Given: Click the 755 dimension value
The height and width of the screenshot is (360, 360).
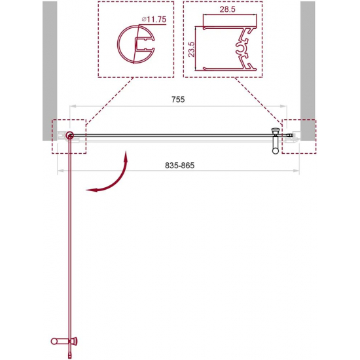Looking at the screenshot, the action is [x=178, y=99].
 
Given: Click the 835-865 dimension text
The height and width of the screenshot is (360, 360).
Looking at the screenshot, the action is [x=180, y=166].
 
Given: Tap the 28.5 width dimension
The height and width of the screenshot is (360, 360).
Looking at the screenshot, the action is [x=228, y=9].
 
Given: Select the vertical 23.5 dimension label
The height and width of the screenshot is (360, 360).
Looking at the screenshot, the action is [x=191, y=49].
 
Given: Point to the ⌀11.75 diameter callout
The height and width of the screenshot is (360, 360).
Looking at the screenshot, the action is [x=154, y=19].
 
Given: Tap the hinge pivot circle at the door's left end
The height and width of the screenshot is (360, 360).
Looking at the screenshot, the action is [x=69, y=135].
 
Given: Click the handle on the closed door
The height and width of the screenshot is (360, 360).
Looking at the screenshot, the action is [x=276, y=141].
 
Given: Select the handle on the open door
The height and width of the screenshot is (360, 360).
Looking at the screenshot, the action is [x=64, y=341].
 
